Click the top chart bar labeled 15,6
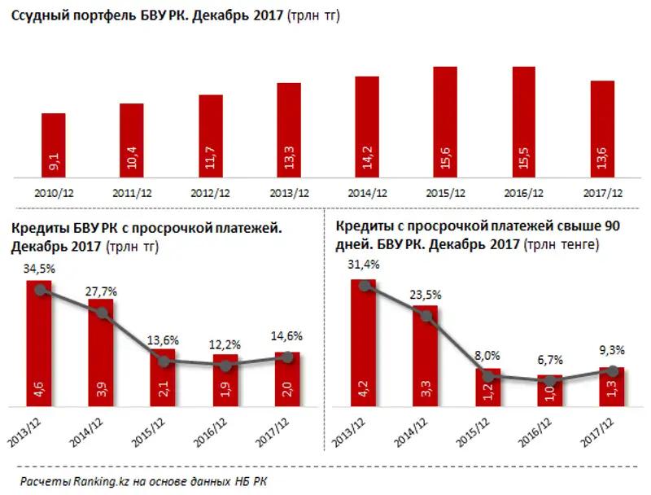444,122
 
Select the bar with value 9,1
54,147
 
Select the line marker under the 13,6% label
164,361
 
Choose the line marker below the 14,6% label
288,357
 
